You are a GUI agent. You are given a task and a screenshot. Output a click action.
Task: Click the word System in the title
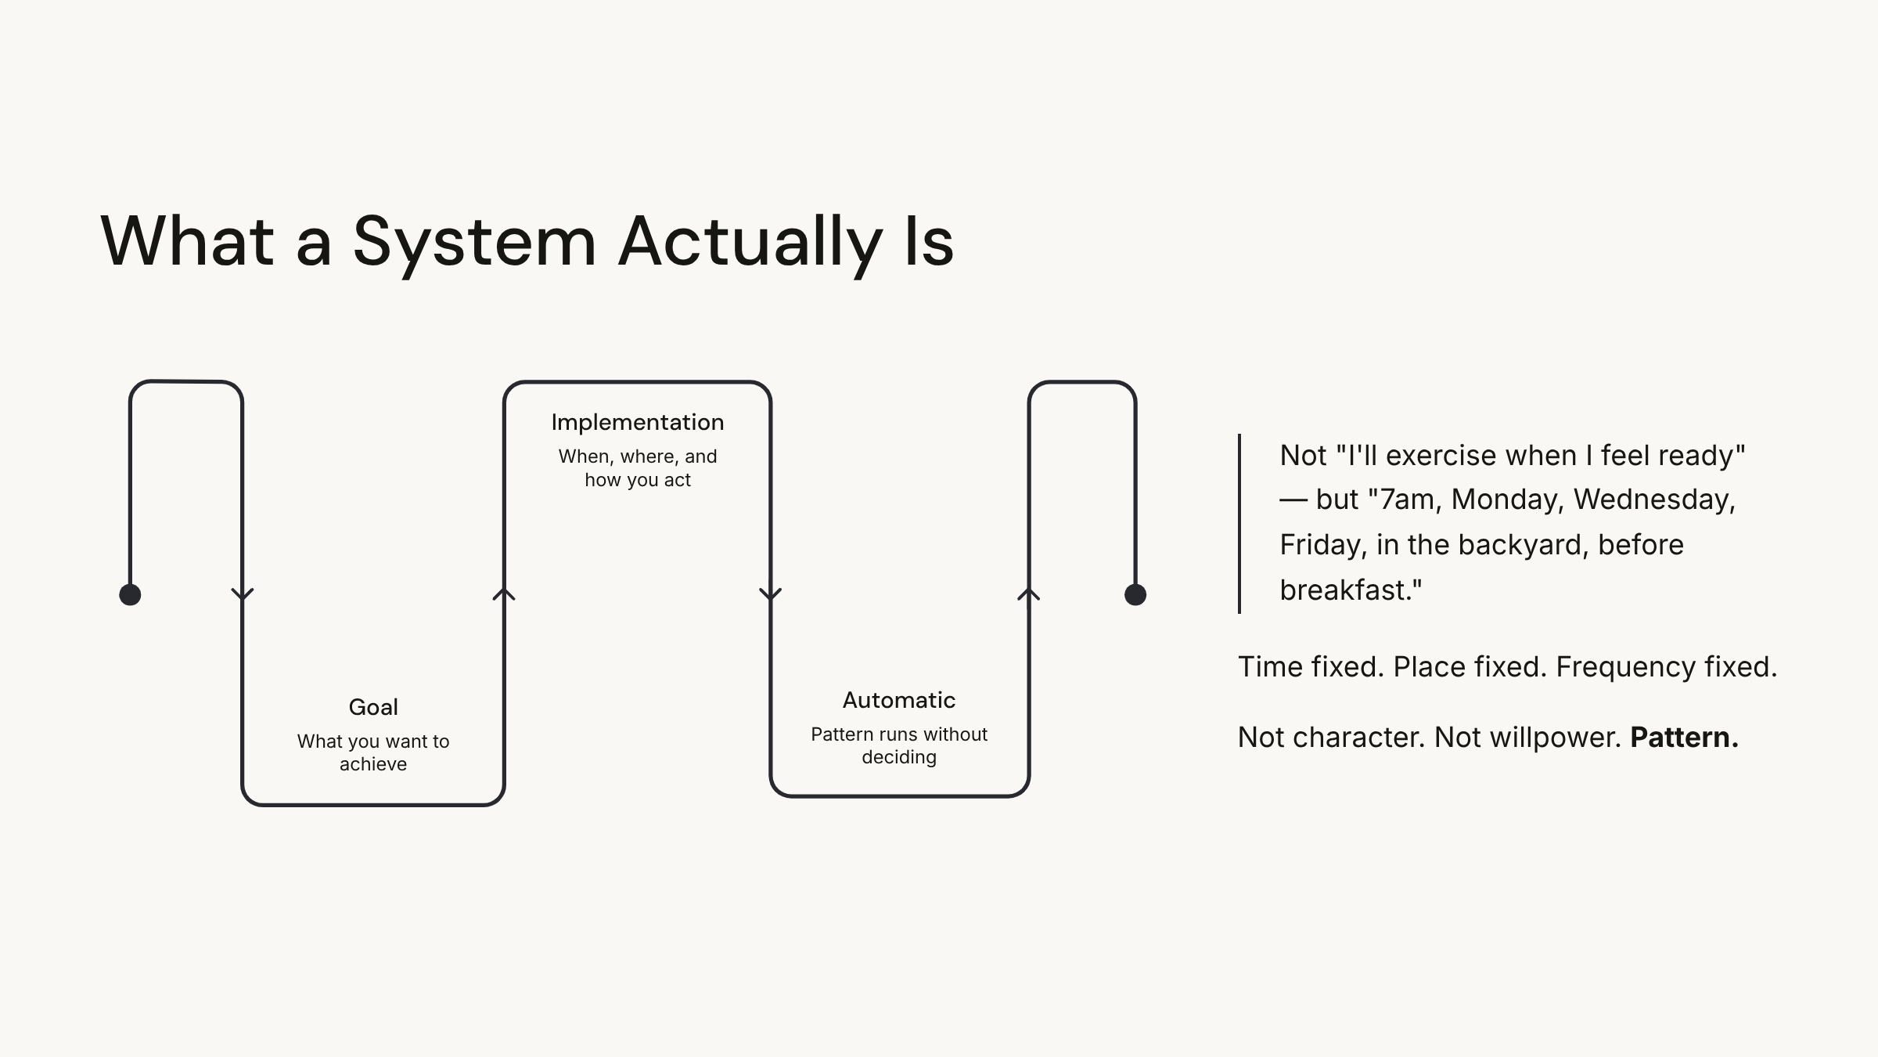click(474, 243)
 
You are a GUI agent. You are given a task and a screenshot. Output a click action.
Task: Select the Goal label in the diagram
click(373, 707)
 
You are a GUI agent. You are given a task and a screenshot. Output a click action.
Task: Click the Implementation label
click(638, 423)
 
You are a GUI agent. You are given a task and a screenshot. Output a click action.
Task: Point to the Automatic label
click(899, 700)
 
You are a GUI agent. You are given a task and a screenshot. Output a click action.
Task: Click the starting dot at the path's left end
click(130, 595)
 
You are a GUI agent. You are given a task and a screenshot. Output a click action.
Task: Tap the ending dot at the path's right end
click(1135, 595)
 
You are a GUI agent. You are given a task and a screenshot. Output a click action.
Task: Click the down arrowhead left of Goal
click(243, 594)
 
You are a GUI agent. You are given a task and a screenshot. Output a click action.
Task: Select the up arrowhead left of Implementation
click(504, 594)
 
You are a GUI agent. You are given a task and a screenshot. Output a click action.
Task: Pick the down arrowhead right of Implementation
click(771, 594)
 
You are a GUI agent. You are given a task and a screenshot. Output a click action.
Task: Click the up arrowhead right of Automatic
click(1029, 594)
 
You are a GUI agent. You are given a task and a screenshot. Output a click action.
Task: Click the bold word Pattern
click(1684, 738)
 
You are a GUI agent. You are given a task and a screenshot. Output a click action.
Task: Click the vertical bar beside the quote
click(1239, 523)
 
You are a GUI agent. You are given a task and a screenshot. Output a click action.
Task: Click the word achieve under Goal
click(373, 765)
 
